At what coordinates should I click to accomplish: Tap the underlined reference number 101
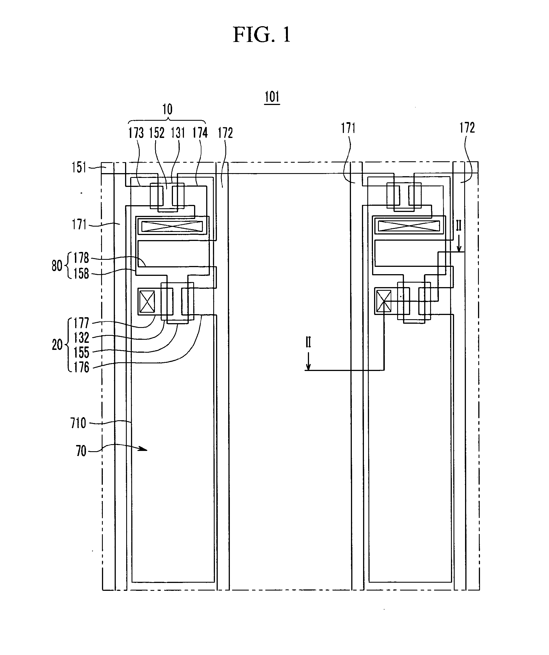pyautogui.click(x=272, y=97)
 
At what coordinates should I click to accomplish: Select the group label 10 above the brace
pyautogui.click(x=167, y=109)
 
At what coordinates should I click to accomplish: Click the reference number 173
pyautogui.click(x=136, y=133)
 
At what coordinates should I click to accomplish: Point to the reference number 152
pyautogui.click(x=157, y=133)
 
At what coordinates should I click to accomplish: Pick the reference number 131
pyautogui.click(x=178, y=133)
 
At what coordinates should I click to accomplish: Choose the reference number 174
pyautogui.click(x=200, y=133)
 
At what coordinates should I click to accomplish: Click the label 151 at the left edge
pyautogui.click(x=79, y=167)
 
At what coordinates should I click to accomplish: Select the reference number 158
pyautogui.click(x=81, y=274)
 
